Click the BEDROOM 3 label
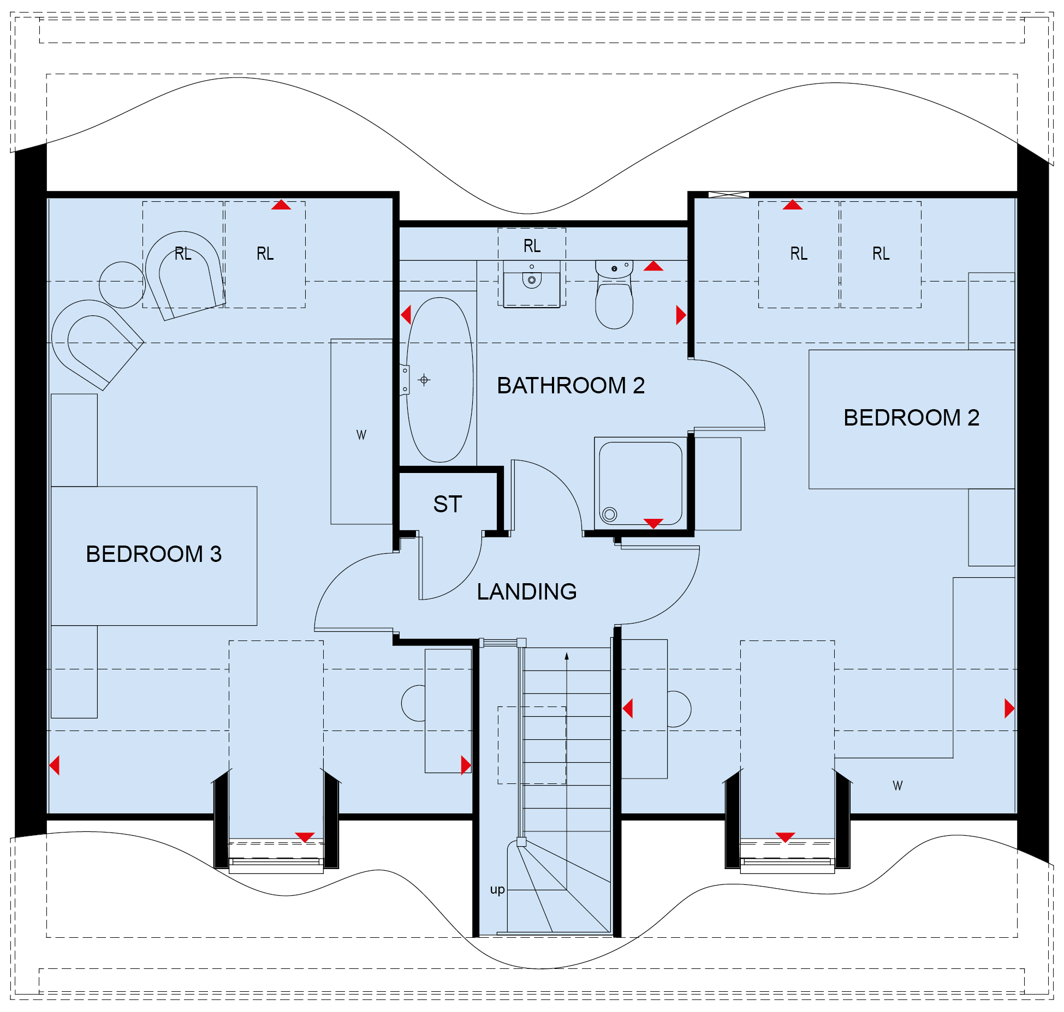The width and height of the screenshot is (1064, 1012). pyautogui.click(x=154, y=554)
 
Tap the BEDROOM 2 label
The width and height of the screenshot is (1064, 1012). pyautogui.click(x=911, y=417)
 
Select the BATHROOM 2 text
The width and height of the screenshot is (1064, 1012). pyautogui.click(x=570, y=385)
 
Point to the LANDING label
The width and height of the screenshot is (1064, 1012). pyautogui.click(x=527, y=591)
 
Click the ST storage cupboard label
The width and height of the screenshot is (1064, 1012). pyautogui.click(x=448, y=504)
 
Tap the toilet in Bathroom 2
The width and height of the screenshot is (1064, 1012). pyautogui.click(x=614, y=295)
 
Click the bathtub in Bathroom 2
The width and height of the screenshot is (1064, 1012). pyautogui.click(x=439, y=380)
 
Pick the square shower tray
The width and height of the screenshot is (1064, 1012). pyautogui.click(x=641, y=483)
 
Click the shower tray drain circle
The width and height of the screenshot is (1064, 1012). pyautogui.click(x=610, y=514)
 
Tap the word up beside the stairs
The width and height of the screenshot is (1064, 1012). pyautogui.click(x=497, y=890)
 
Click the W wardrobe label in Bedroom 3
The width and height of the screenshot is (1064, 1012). pyautogui.click(x=361, y=435)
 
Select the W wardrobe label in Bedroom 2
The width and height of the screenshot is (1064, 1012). pyautogui.click(x=897, y=786)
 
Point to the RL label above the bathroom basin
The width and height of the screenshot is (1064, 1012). pyautogui.click(x=532, y=246)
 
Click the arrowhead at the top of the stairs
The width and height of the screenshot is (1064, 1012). pyautogui.click(x=567, y=656)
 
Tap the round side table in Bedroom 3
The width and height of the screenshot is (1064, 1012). pyautogui.click(x=122, y=285)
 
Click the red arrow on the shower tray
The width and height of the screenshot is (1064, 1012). pyautogui.click(x=653, y=523)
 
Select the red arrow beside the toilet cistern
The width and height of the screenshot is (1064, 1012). pyautogui.click(x=653, y=266)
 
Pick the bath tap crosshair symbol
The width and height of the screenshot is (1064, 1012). pyautogui.click(x=424, y=380)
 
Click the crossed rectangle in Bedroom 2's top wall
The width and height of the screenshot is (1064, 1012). pyautogui.click(x=729, y=194)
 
